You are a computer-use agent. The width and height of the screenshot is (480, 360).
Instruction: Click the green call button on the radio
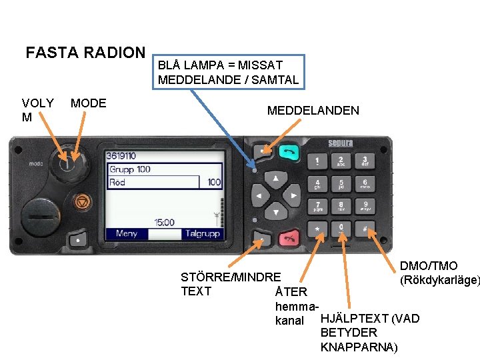[289, 153]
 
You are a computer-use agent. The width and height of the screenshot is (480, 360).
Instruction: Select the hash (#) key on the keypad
[366, 229]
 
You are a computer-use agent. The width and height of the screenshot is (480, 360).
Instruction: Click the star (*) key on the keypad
[317, 229]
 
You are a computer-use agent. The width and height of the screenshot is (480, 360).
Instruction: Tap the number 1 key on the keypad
[317, 161]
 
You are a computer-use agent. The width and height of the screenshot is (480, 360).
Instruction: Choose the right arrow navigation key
[291, 196]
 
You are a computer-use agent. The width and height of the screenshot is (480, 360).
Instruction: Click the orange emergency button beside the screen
[82, 200]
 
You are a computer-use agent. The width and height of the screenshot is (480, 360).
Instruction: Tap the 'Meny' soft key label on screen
[126, 234]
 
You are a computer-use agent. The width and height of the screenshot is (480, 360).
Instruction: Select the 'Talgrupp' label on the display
[201, 234]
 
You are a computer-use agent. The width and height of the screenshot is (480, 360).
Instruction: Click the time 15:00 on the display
[164, 222]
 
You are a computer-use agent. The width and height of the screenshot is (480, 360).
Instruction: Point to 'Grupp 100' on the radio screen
[130, 169]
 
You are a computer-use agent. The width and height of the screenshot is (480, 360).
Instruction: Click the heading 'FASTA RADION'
[85, 53]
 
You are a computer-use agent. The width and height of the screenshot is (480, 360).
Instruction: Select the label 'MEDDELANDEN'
[313, 111]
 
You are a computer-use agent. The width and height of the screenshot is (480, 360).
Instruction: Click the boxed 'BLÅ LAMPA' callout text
[228, 73]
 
